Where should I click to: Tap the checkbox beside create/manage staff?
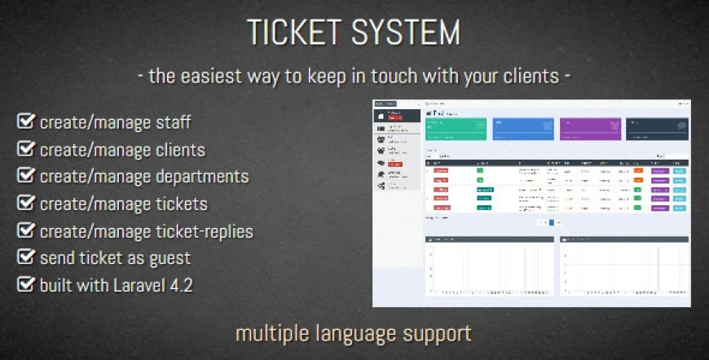pyautogui.click(x=25, y=122)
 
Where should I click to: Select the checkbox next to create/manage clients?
pyautogui.click(x=25, y=150)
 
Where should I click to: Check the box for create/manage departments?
pyautogui.click(x=25, y=177)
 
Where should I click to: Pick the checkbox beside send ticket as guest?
pyautogui.click(x=25, y=258)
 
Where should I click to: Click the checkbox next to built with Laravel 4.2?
pyautogui.click(x=25, y=286)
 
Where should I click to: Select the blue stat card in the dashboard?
pyautogui.click(x=522, y=129)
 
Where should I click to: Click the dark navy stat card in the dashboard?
pyautogui.click(x=657, y=129)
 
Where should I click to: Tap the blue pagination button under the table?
pyautogui.click(x=551, y=222)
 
